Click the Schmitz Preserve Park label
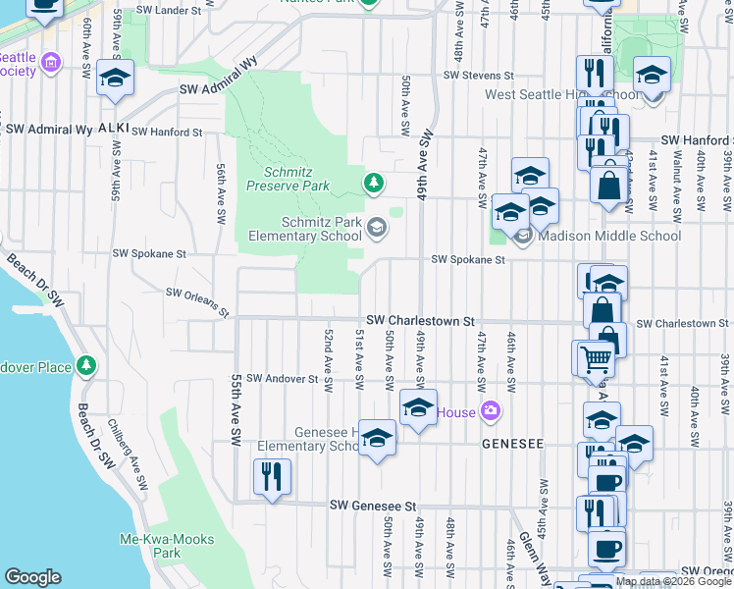288,177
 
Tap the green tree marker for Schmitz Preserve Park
373,183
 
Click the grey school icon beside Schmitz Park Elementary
376,229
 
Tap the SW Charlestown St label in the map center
421,321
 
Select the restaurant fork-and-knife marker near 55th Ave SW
270,478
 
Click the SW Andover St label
283,378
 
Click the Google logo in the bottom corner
32,577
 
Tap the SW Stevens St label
478,75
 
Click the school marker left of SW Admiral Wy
116,77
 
